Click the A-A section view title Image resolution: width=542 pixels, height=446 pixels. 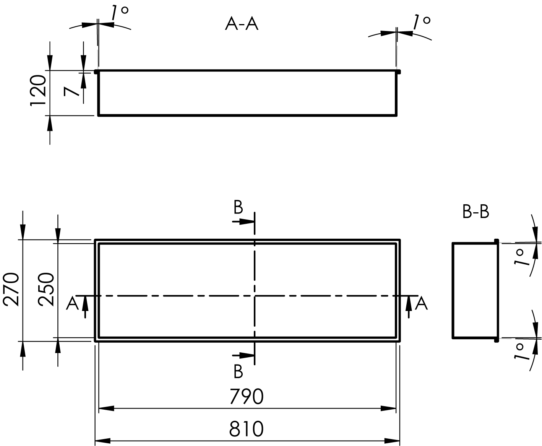[242, 24]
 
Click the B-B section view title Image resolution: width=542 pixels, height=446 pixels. [475, 212]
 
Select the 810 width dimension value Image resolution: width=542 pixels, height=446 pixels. [247, 429]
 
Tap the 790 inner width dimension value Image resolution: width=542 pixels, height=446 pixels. [247, 397]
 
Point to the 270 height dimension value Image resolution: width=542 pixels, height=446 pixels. [11, 289]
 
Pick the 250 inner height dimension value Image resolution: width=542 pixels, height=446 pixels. [47, 289]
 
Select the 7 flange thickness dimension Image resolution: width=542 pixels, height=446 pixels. [72, 92]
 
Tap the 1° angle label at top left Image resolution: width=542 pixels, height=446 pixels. [120, 13]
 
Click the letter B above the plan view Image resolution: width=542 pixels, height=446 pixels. [238, 207]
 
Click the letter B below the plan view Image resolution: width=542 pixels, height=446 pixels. [238, 371]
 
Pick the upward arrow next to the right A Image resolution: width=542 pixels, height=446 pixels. [409, 306]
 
